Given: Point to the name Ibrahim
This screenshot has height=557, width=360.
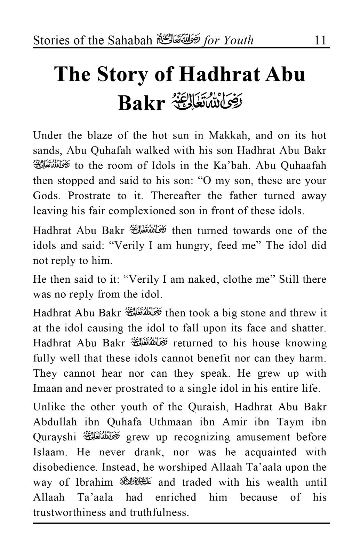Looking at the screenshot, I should coord(94,483).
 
